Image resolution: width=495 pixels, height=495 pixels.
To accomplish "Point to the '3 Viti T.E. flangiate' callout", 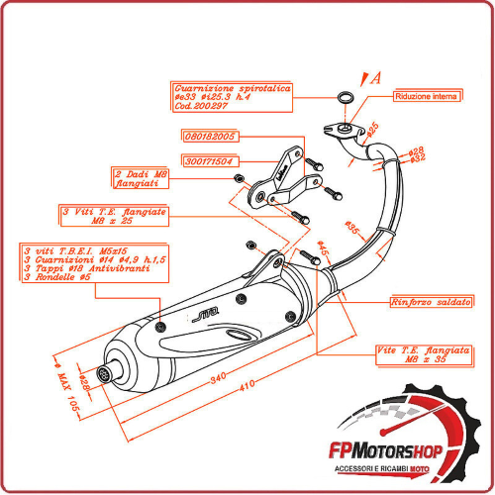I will pyautogui.click(x=126, y=217).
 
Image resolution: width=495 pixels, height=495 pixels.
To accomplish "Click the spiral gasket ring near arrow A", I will pyautogui.click(x=345, y=98).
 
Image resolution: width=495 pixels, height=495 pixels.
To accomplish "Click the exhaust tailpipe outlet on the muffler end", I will pyautogui.click(x=101, y=377).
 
